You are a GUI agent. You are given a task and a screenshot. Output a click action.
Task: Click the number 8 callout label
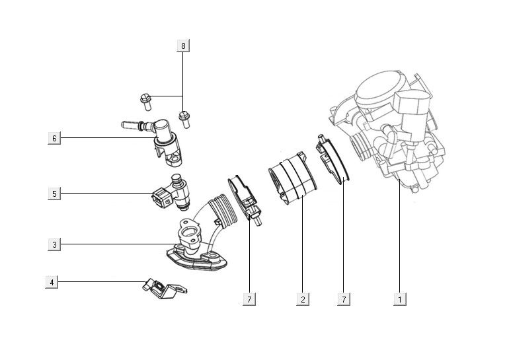183,46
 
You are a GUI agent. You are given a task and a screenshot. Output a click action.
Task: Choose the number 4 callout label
52,282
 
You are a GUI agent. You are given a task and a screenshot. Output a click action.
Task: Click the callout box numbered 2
302,299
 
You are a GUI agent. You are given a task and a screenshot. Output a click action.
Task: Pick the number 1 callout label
399,299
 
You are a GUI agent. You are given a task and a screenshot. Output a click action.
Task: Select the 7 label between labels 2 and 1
343,299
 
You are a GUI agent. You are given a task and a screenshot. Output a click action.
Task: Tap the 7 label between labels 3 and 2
249,299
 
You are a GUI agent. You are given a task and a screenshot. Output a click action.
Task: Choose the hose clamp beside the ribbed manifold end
243,196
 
